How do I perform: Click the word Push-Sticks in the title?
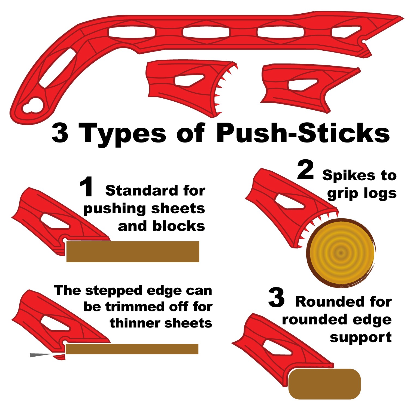tap(303, 133)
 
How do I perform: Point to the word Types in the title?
tap(122, 134)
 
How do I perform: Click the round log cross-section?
tap(341, 253)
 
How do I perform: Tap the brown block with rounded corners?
tap(324, 384)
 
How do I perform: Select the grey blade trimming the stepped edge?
tap(41, 355)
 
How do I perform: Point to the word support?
tap(361, 338)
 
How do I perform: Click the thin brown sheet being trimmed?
tap(132, 349)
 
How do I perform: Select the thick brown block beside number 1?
tap(133, 251)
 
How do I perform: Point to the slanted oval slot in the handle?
tap(57, 68)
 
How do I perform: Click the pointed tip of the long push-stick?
tap(404, 17)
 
